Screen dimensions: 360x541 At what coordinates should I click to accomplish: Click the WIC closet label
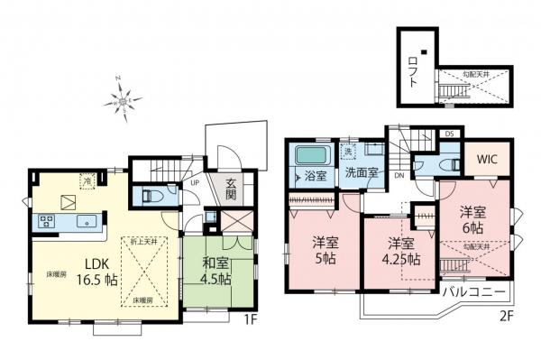(486, 161)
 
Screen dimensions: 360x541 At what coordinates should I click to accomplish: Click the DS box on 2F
(449, 134)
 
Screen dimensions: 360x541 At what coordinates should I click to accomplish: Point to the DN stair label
(399, 177)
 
